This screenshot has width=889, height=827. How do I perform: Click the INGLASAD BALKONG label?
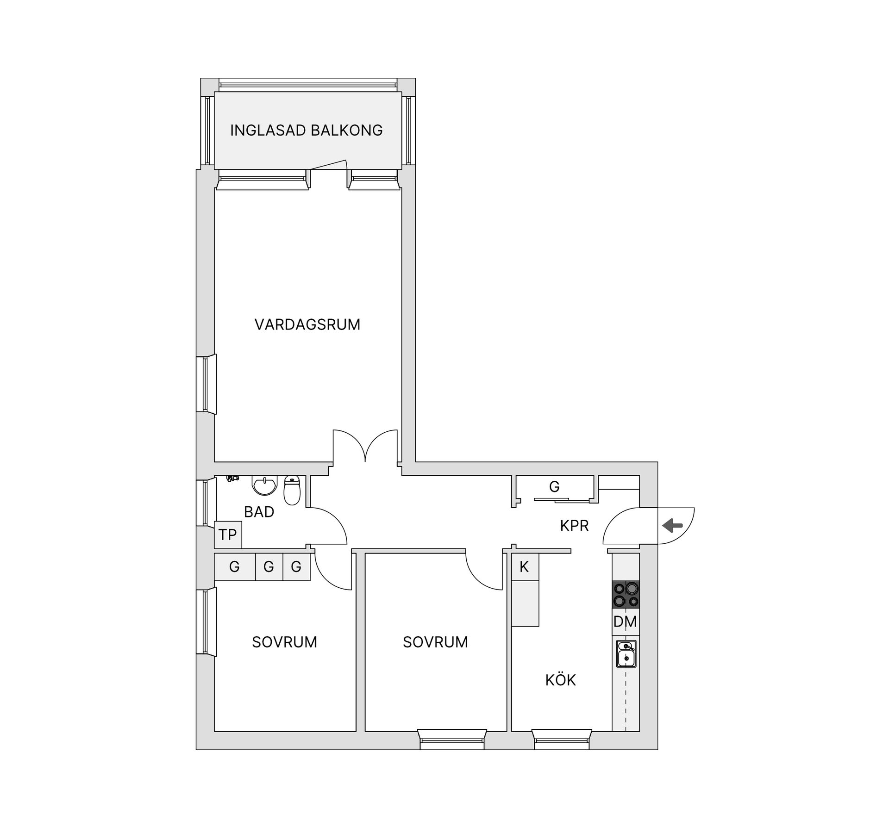pyautogui.click(x=306, y=131)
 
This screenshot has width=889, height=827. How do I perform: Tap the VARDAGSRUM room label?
pyautogui.click(x=307, y=324)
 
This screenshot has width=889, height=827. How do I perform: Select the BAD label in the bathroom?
pyautogui.click(x=259, y=512)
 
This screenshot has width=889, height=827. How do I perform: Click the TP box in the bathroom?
pyautogui.click(x=228, y=535)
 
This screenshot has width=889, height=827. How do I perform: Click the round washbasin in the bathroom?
pyautogui.click(x=264, y=485)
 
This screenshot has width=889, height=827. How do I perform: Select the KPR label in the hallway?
pyautogui.click(x=574, y=526)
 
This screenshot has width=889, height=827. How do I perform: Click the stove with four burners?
pyautogui.click(x=626, y=595)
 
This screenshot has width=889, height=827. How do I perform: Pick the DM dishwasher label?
pyautogui.click(x=625, y=622)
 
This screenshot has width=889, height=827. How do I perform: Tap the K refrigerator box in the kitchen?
pyautogui.click(x=525, y=567)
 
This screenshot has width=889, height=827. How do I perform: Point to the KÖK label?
pyautogui.click(x=560, y=680)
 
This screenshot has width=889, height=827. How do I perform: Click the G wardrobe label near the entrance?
pyautogui.click(x=554, y=487)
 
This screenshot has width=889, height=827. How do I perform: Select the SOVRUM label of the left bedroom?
pyautogui.click(x=284, y=642)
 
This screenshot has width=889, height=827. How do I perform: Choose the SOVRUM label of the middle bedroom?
pyautogui.click(x=435, y=642)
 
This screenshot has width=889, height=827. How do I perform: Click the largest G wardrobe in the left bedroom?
pyautogui.click(x=235, y=567)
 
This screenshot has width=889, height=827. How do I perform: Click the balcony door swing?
pyautogui.click(x=329, y=165)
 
